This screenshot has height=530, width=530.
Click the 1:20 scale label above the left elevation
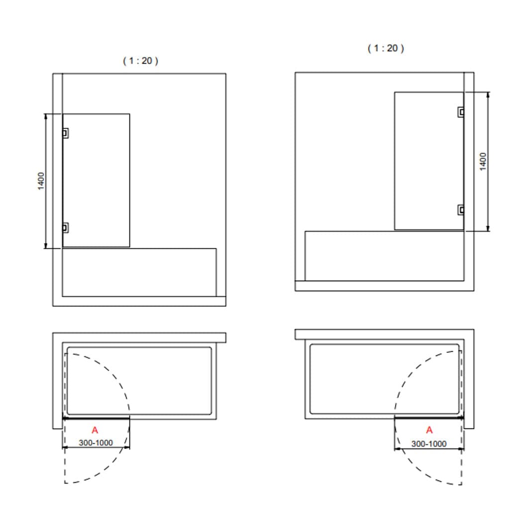point(141,61)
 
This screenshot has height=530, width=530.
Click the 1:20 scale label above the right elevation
point(386,48)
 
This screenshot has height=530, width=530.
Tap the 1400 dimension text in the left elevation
point(41,181)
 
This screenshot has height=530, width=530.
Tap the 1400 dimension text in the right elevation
point(483,162)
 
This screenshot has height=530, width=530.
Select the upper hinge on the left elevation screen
point(66,133)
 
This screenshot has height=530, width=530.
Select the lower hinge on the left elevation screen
point(66,228)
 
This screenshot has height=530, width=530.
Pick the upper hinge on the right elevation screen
point(461,112)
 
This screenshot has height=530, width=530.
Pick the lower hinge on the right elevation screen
point(461,210)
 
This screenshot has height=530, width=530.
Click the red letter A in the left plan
point(95,430)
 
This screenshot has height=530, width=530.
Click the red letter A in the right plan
point(429,430)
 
